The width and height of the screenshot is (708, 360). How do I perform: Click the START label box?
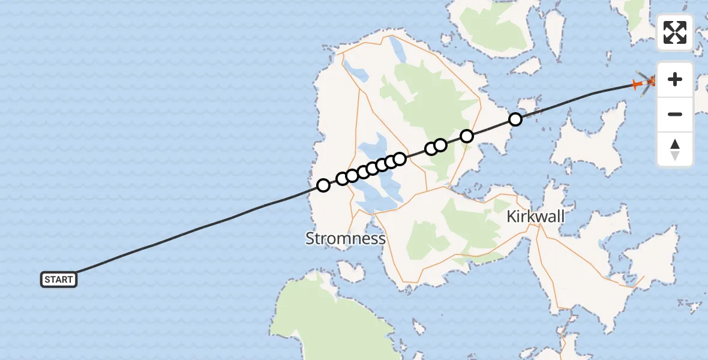coord(59,279)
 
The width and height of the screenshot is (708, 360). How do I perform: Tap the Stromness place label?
coord(345,238)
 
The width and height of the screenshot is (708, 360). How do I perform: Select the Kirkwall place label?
coord(535,217)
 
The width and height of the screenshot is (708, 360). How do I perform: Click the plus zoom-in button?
coord(675,80)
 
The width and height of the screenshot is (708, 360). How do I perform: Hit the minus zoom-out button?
coord(675,114)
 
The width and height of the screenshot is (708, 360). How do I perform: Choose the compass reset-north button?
coord(675,149)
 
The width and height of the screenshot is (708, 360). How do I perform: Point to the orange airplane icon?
coord(638,85)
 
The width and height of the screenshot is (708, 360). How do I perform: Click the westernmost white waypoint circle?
coord(323,185)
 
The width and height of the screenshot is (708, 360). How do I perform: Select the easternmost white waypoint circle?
coord(515,119)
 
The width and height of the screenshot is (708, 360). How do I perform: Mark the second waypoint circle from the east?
coord(467,136)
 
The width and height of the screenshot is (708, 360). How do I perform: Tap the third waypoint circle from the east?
coord(440,145)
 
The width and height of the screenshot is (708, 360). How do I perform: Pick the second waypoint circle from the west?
coord(343,178)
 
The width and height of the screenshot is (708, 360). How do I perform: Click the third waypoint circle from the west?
coord(352,175)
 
